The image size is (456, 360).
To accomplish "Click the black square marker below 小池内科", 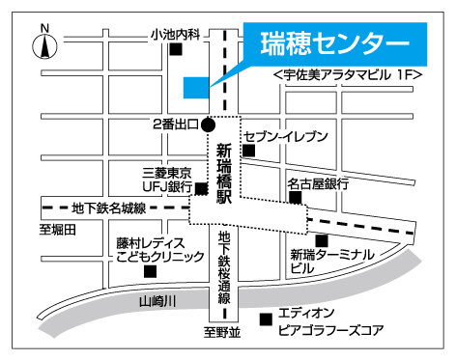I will point(176,51).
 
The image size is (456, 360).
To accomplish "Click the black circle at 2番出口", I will point(208,124).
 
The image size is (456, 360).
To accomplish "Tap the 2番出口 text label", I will point(175,125).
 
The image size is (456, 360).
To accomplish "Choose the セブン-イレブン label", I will point(286,136).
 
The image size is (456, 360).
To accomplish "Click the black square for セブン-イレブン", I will point(249,151).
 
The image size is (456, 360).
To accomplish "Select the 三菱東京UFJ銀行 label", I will point(167,180).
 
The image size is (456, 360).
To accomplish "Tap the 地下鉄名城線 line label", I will point(109,208).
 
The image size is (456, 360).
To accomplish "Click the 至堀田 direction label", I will point(57,229).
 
